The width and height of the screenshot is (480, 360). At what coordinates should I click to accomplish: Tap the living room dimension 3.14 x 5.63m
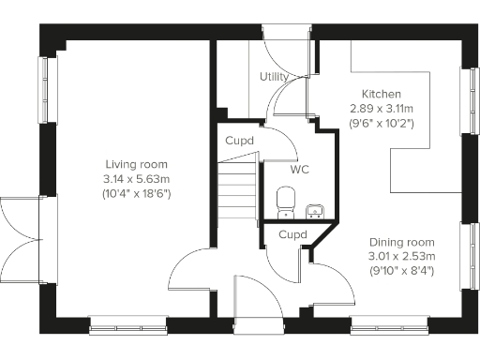(129, 178)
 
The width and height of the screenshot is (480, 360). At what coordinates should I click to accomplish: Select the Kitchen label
(382, 95)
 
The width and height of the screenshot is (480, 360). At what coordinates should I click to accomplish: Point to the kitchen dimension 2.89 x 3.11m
(382, 109)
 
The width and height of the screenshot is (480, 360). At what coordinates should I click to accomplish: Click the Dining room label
(401, 241)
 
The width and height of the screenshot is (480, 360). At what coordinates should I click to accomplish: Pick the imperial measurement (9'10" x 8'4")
(401, 271)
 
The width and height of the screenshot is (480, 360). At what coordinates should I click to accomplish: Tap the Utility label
(275, 77)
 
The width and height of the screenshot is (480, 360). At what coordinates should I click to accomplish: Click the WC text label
(300, 171)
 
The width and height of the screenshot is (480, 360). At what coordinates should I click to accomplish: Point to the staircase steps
(239, 187)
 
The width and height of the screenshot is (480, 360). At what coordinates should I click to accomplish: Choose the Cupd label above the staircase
(238, 141)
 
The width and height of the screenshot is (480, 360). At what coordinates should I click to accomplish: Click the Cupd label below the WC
(293, 234)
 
